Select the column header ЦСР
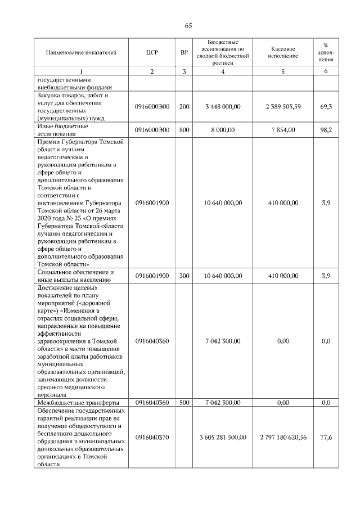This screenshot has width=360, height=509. pos(151,53)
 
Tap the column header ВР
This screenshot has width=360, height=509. pos(184,53)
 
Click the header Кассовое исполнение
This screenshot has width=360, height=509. pos(283,53)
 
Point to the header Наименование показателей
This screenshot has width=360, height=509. pos(81,53)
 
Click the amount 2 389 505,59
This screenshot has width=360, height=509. pos(283,106)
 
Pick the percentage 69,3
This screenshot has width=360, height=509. pos(325,106)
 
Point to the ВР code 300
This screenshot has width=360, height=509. pos(184,276)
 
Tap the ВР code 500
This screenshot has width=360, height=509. pos(184,403)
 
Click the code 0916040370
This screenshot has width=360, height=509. pos(152,437)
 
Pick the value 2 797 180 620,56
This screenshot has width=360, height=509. pos(283,437)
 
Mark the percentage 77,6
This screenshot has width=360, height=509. pos(325,437)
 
